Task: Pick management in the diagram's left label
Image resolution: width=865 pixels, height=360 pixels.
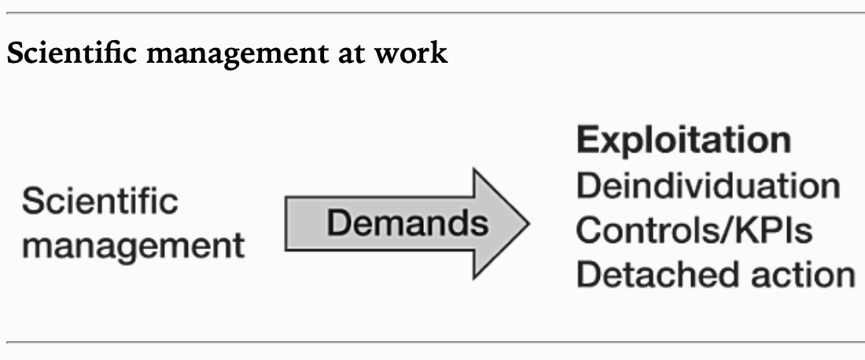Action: [x=133, y=246]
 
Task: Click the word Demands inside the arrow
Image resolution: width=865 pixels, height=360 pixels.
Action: [x=407, y=224]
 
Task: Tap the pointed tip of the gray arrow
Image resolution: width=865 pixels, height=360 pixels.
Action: [x=527, y=224]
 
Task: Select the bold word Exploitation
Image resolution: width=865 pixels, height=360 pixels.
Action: [x=683, y=141]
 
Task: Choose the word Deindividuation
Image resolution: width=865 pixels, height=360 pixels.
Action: [x=708, y=186]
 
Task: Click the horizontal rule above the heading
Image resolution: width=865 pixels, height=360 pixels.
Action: [x=432, y=13]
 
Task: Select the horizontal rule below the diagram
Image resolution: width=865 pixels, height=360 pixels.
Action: [x=432, y=342]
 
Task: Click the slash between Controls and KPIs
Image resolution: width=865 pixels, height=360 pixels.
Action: [x=734, y=230]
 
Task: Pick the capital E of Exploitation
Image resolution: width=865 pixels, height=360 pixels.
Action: [x=587, y=141]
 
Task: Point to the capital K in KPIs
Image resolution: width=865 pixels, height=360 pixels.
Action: [x=753, y=230]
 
